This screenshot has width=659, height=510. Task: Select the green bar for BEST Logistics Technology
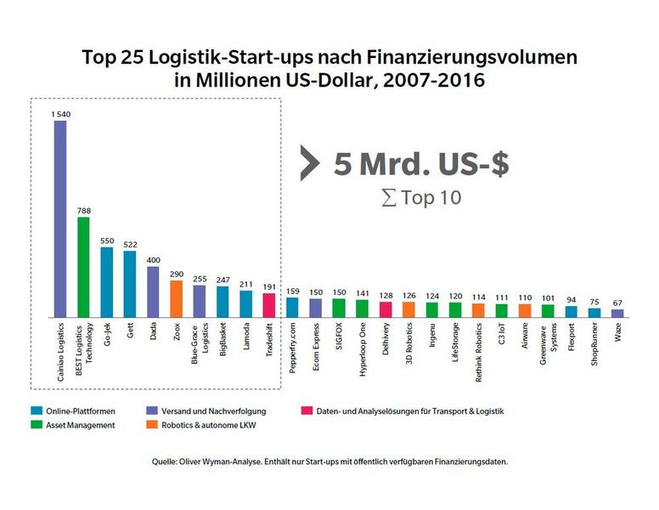83,267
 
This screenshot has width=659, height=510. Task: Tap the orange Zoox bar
176,298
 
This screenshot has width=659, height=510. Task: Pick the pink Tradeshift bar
268,304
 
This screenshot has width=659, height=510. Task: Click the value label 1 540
59,114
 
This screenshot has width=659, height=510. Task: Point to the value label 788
83,211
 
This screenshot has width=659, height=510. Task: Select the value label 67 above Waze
617,303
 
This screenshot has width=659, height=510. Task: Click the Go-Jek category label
107,335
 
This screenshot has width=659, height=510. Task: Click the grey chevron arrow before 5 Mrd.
309,164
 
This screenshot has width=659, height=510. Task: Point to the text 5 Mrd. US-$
421,164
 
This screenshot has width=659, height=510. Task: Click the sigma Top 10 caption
421,198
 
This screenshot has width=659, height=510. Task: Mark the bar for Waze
617,313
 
